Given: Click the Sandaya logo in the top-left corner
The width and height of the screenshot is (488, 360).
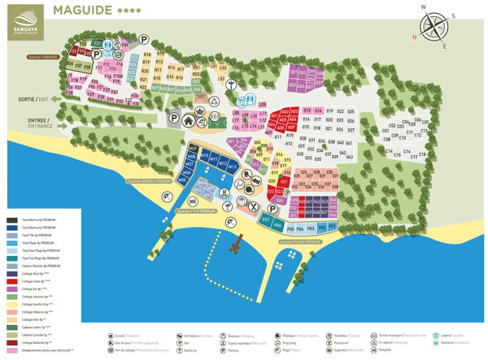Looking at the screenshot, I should (x=22, y=19).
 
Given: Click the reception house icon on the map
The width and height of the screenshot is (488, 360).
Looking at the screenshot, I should (x=187, y=120).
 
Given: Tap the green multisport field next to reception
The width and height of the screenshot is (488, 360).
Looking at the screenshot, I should (x=215, y=121).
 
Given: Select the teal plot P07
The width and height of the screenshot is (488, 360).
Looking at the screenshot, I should (x=266, y=220).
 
